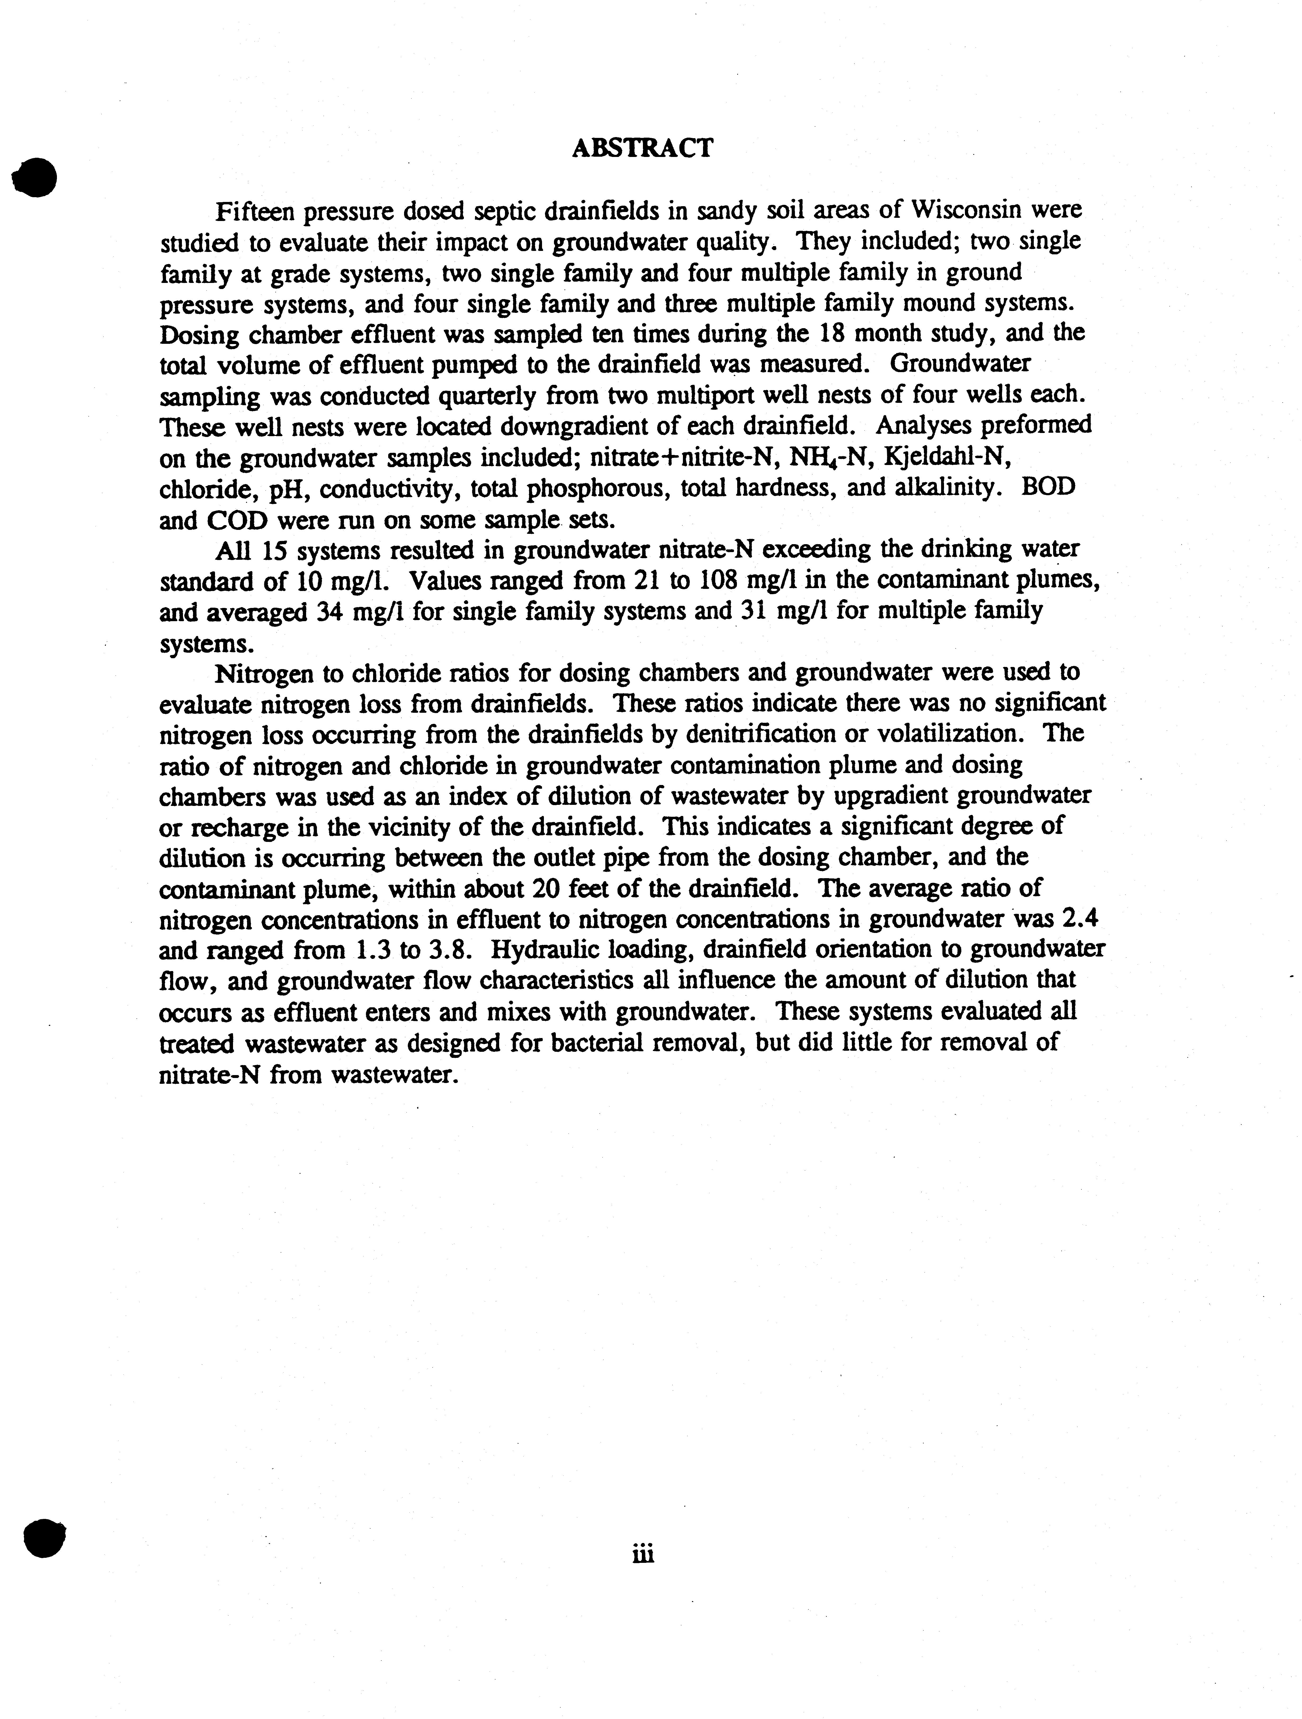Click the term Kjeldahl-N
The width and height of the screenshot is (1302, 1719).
(947, 457)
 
